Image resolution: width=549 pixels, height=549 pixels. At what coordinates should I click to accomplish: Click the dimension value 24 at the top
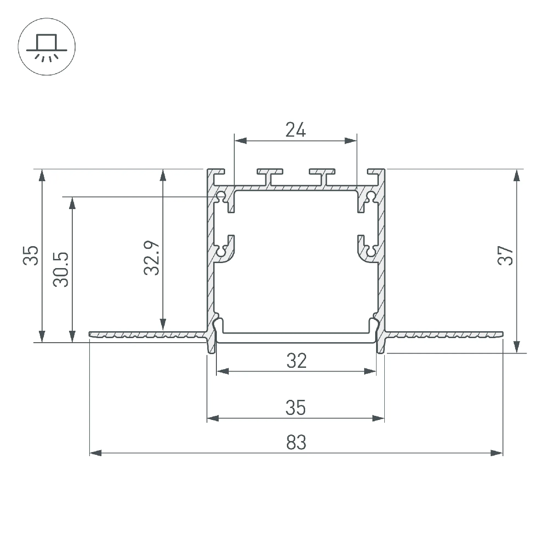(x=296, y=130)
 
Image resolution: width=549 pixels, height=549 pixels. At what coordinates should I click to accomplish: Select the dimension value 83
(x=296, y=442)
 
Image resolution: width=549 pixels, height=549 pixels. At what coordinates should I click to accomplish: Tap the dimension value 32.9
(x=151, y=258)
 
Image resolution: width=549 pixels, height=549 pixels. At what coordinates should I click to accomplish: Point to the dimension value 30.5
(x=61, y=269)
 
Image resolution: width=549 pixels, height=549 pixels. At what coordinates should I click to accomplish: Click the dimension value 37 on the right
(x=505, y=256)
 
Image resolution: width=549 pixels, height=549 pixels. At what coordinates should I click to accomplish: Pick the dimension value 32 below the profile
(x=296, y=361)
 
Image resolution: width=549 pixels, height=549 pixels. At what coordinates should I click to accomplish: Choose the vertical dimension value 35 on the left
(x=31, y=256)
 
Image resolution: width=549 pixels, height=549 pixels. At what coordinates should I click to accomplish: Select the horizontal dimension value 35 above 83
(x=296, y=408)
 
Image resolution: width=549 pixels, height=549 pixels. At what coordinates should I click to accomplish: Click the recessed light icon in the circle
(x=47, y=47)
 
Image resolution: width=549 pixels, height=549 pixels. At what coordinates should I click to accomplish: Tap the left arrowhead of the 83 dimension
(x=95, y=453)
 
